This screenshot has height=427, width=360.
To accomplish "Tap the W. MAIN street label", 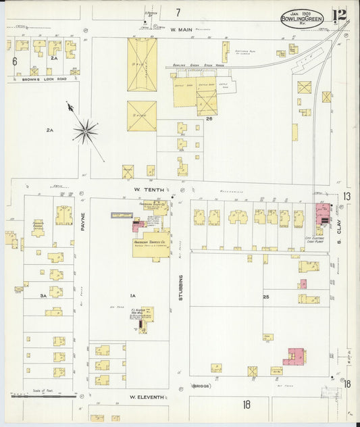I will (x=182, y=30).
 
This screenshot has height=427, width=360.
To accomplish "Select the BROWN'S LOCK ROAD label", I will (x=34, y=80).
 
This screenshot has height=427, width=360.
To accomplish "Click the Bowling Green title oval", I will (x=302, y=20).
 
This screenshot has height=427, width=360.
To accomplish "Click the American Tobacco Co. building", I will (x=151, y=244).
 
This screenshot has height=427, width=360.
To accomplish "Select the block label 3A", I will (x=42, y=295).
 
